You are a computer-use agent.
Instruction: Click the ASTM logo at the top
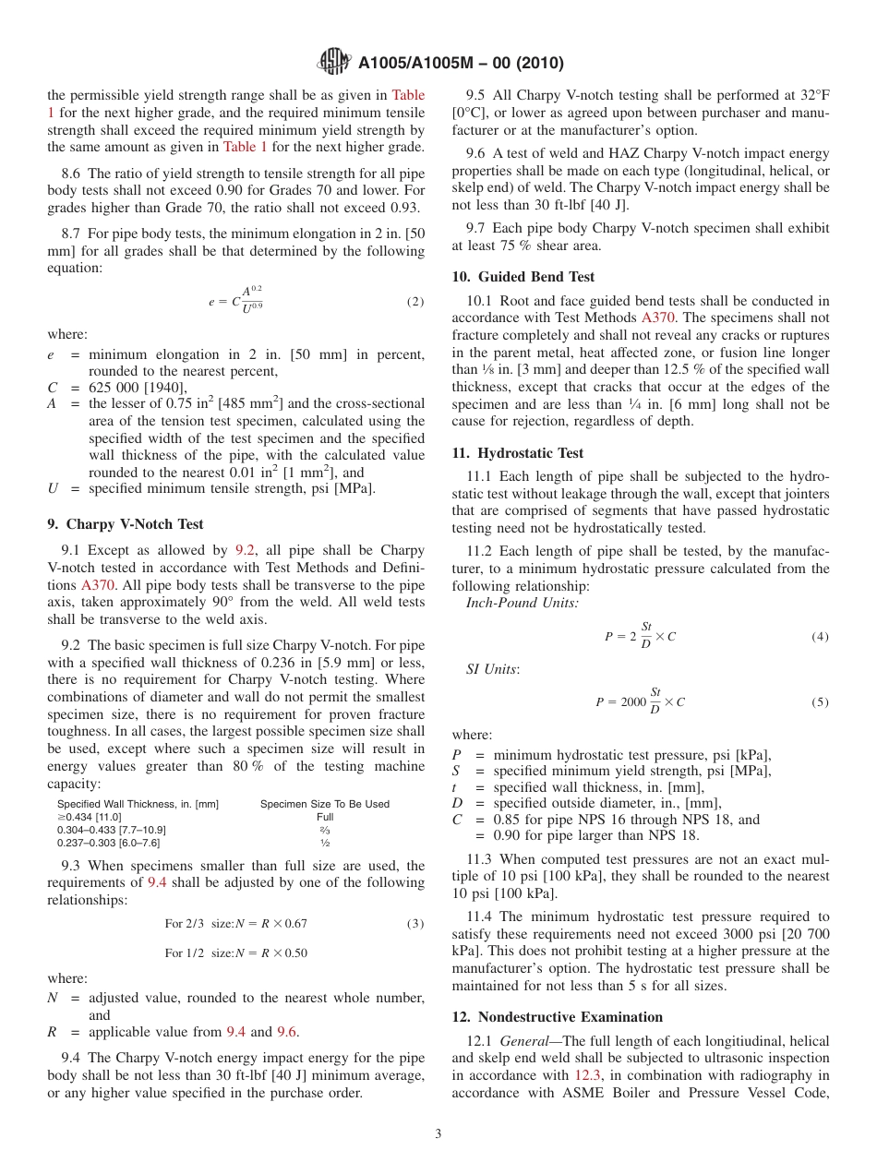(333, 62)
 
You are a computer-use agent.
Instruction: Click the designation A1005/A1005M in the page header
(427, 63)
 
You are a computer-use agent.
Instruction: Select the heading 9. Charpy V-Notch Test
(126, 524)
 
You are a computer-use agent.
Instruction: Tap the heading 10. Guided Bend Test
(523, 277)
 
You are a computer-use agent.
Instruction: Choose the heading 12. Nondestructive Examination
(557, 1017)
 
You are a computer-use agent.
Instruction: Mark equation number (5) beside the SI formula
(819, 702)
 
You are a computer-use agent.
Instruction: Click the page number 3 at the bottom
(438, 1134)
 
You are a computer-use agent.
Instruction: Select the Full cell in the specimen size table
(325, 817)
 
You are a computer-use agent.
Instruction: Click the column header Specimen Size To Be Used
(325, 804)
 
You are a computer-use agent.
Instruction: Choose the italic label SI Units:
(492, 669)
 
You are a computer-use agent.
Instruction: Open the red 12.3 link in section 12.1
(587, 1075)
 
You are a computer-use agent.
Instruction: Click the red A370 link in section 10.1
(658, 317)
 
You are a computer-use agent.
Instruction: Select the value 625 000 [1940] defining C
(138, 387)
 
